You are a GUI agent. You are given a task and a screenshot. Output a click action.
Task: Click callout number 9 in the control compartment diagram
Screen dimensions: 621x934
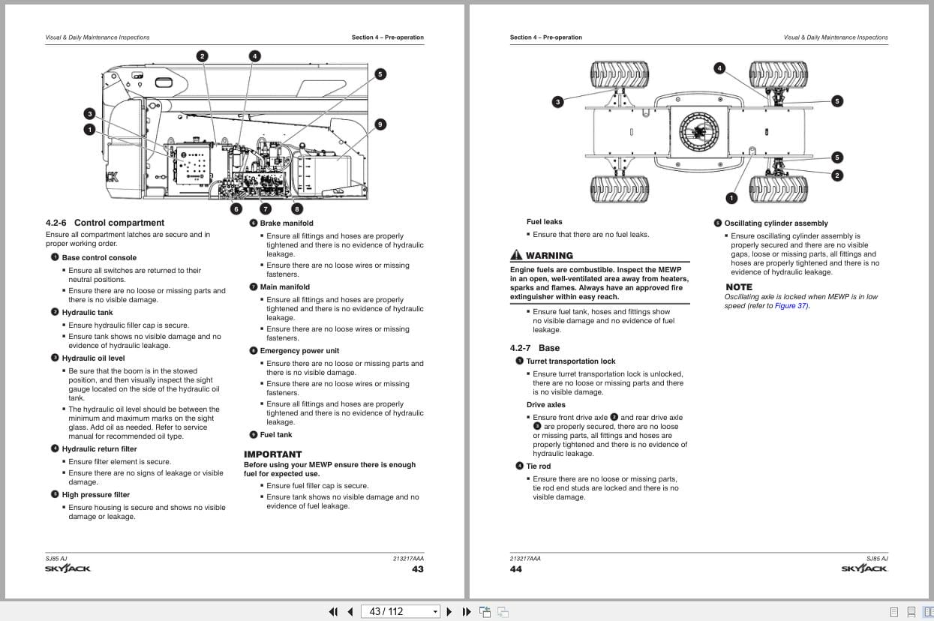tap(380, 124)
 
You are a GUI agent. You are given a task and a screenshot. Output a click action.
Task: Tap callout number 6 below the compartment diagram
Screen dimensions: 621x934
tap(236, 209)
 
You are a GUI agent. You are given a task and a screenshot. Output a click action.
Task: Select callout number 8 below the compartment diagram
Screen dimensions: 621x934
tap(297, 209)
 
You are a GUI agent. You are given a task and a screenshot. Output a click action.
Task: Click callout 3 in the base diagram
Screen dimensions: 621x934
tap(557, 102)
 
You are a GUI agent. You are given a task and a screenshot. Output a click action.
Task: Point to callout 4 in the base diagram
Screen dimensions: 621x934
tap(719, 68)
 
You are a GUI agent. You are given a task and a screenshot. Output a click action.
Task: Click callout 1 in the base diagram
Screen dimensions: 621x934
tap(731, 198)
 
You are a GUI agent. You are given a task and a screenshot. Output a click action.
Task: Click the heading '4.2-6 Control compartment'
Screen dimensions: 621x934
tap(104, 223)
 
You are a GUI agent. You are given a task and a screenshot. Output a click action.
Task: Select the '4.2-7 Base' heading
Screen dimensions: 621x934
tap(534, 348)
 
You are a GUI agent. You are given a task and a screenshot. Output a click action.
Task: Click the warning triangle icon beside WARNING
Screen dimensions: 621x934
tap(516, 255)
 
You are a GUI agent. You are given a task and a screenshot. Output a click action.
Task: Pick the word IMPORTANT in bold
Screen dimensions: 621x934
tap(272, 454)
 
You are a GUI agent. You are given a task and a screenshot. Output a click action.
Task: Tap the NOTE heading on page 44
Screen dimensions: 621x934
tap(739, 287)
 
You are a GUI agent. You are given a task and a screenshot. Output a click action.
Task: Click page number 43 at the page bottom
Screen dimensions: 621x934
tap(418, 569)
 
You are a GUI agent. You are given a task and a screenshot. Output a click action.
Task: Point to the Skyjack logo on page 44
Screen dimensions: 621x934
tap(864, 568)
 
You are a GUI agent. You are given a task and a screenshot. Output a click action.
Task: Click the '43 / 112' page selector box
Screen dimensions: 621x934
tap(401, 611)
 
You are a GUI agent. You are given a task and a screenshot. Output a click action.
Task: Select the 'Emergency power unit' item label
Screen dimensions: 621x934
tap(299, 350)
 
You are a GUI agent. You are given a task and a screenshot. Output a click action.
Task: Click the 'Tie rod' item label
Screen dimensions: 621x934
tap(538, 466)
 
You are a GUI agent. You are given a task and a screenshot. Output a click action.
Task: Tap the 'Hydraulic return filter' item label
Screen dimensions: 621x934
tap(99, 448)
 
